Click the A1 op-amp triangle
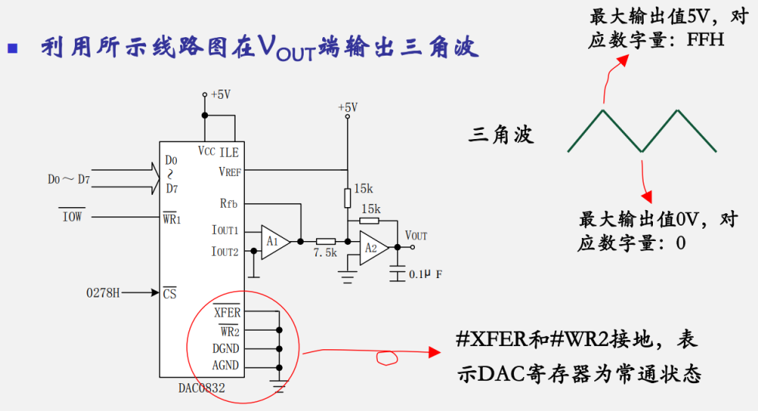pyautogui.click(x=274, y=241)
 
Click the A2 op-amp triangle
pyautogui.click(x=374, y=247)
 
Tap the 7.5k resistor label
pyautogui.click(x=325, y=253)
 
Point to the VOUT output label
pyautogui.click(x=416, y=235)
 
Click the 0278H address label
pyautogui.click(x=104, y=293)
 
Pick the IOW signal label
pyautogui.click(x=72, y=217)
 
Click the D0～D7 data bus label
pyautogui.click(x=68, y=180)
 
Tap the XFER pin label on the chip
pyautogui.click(x=226, y=313)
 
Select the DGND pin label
pyautogui.click(x=226, y=348)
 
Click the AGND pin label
pyautogui.click(x=226, y=365)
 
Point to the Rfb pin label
pyautogui.click(x=229, y=204)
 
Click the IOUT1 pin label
pyautogui.click(x=225, y=231)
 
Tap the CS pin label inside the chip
pyautogui.click(x=170, y=294)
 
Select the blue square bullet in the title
pyautogui.click(x=12, y=48)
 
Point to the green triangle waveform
pyautogui.click(x=641, y=131)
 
